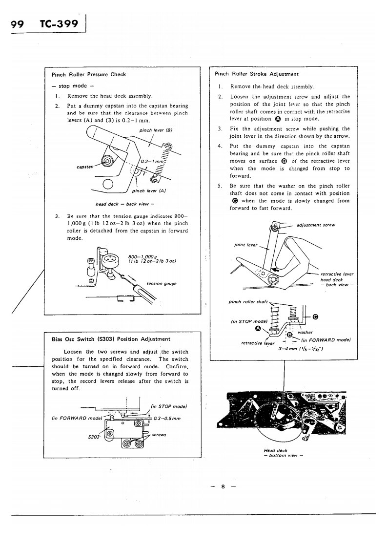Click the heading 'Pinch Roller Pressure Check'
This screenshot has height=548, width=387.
coord(88,75)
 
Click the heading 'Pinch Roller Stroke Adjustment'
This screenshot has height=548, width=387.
coord(257,74)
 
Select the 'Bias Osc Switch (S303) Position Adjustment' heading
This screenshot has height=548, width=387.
coord(111,338)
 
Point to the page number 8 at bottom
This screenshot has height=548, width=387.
coord(222,487)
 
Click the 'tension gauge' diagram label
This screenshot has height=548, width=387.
coord(162,283)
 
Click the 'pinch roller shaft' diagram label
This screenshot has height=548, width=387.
coord(247,301)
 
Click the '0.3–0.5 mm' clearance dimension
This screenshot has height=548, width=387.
coord(167,418)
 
